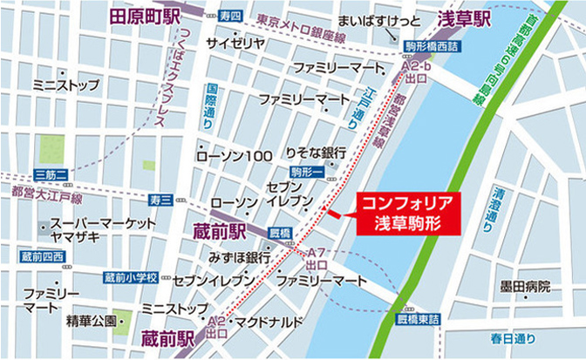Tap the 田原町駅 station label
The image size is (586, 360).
pyautogui.click(x=145, y=17)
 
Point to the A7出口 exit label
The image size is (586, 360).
pyautogui.click(x=317, y=256)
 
